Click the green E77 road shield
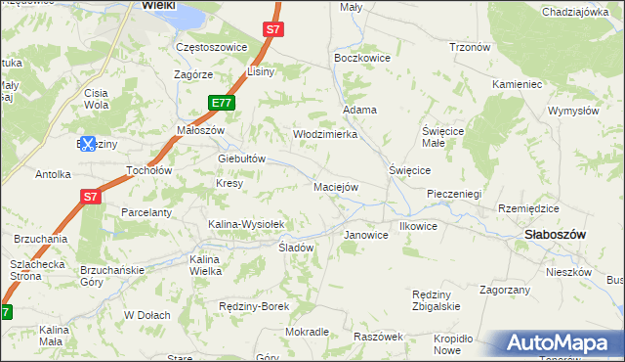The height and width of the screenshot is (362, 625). pyautogui.click(x=222, y=103)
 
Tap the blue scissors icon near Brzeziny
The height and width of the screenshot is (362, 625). pyautogui.click(x=87, y=144)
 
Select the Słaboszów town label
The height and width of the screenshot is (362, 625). pyautogui.click(x=555, y=235)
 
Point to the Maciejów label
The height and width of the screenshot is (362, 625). pyautogui.click(x=336, y=186)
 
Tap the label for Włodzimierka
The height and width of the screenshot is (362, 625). pyautogui.click(x=325, y=134)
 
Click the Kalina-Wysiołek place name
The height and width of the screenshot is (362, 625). pyautogui.click(x=246, y=224)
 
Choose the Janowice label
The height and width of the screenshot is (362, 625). pyautogui.click(x=367, y=236)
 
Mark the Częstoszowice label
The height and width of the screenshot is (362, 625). pyautogui.click(x=211, y=46)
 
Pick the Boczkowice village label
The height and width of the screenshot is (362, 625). pyautogui.click(x=362, y=58)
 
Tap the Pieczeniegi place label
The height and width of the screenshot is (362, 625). pyautogui.click(x=454, y=194)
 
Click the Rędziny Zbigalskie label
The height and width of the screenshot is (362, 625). pyautogui.click(x=437, y=300)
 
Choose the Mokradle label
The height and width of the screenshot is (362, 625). pyautogui.click(x=308, y=332)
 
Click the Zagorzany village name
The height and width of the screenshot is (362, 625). pyautogui.click(x=505, y=290)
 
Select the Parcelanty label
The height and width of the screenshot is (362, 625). pyautogui.click(x=146, y=212)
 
